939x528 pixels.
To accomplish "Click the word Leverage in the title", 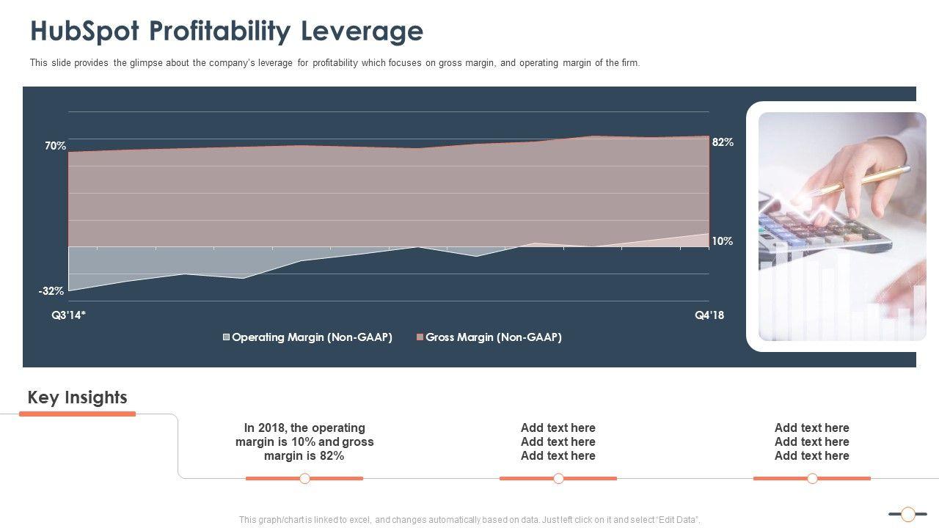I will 362,32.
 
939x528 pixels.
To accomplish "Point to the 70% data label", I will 55,146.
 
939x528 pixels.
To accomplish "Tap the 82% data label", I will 723,142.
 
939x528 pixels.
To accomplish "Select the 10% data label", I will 722,241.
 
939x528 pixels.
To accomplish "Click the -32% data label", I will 51,291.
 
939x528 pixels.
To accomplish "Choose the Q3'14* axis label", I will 69,315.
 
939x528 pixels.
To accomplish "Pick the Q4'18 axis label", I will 709,315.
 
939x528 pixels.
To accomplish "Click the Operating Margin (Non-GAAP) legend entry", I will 312,337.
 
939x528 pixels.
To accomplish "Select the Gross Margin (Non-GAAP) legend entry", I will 493,337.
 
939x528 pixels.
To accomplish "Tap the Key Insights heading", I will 77,397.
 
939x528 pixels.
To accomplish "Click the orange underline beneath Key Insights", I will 77,414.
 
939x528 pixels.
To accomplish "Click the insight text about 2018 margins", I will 304,441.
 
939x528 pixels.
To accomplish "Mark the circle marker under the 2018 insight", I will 305,479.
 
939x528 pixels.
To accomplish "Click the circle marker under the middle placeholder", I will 558,479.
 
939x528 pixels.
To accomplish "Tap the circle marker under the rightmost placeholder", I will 812,479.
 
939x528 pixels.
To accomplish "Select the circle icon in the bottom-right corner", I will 908,514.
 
